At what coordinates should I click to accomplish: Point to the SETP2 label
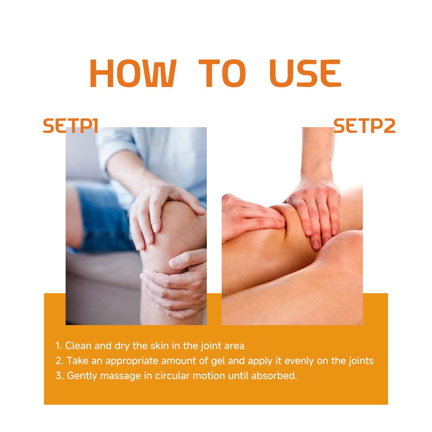coord(364,126)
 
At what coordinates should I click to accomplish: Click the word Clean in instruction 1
coord(78,346)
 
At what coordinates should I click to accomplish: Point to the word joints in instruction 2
coord(360,361)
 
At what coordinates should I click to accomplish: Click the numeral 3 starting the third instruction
coord(58,376)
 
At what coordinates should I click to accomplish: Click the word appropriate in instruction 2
coord(132,361)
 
